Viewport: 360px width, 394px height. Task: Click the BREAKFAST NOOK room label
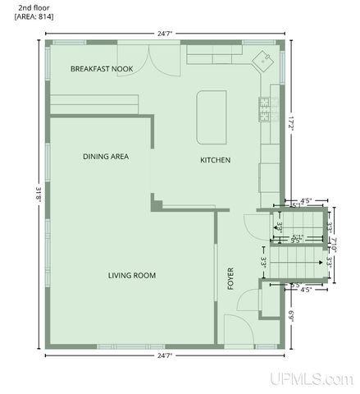(x=102, y=68)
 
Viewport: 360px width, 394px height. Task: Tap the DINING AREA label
(x=106, y=156)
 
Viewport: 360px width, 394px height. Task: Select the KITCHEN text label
(x=215, y=159)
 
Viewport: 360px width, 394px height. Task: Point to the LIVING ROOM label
(x=132, y=275)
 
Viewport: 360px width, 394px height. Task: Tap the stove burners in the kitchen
(x=265, y=109)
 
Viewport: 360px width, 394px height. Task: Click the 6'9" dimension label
(x=291, y=315)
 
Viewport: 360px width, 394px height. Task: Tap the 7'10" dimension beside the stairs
(x=335, y=245)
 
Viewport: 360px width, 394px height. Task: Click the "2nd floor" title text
(x=30, y=7)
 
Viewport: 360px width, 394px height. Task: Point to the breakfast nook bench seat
(x=94, y=103)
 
